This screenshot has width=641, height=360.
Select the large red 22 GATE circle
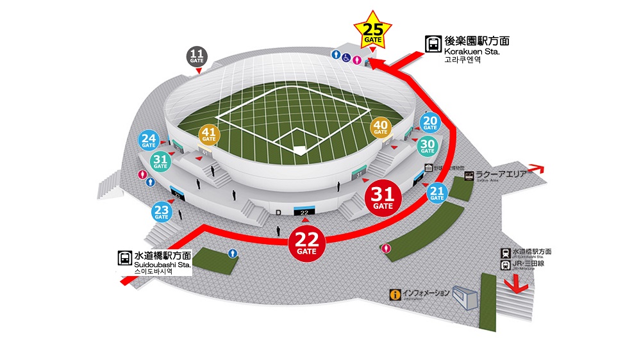tap(306, 243)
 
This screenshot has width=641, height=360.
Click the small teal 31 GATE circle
tap(160, 161)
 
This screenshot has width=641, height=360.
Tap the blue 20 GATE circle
tap(430, 123)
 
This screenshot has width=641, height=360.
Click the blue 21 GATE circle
tap(437, 193)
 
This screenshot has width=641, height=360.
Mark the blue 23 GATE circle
tap(162, 211)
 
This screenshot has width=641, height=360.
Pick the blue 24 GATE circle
tap(149, 140)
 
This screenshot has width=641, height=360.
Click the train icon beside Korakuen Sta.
tap(433, 44)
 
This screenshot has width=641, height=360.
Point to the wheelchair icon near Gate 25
tap(347, 56)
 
